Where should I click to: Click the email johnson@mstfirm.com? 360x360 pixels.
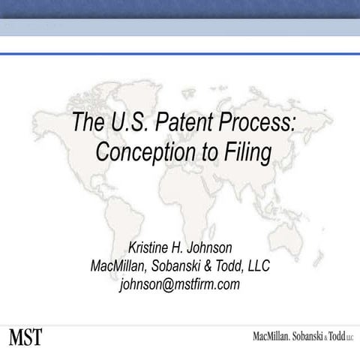point(180,284)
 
